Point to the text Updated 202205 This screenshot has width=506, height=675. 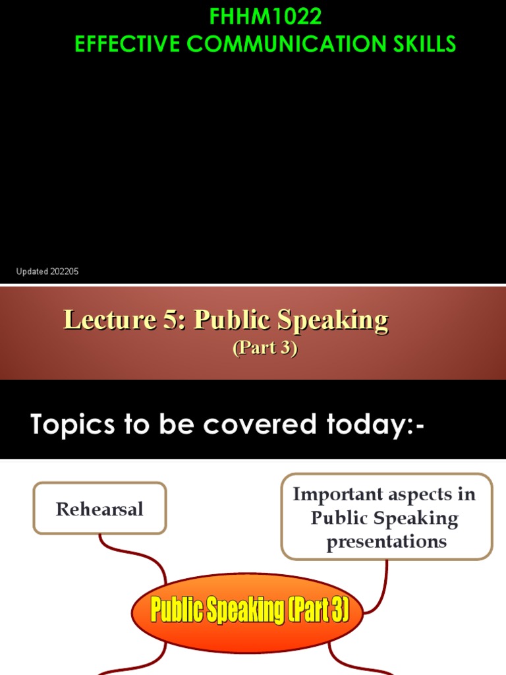pos(47,272)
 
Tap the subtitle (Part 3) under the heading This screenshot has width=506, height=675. pos(265,348)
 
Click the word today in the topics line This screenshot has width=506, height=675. pos(369,425)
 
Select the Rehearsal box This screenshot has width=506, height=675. pos(99,508)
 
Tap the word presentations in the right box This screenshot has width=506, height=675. pos(386,542)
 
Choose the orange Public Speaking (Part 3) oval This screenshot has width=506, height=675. pos(248,610)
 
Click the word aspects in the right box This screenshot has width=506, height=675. pos(422,494)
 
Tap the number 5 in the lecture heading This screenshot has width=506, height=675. pos(168,320)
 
